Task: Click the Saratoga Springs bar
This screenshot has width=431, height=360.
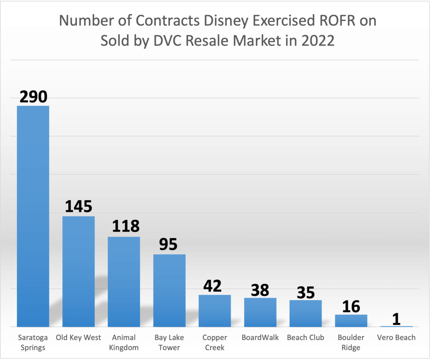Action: [33, 216]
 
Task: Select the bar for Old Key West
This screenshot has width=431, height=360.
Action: [78, 271]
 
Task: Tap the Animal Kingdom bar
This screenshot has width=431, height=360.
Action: [124, 281]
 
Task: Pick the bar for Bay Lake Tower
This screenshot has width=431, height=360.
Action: [169, 290]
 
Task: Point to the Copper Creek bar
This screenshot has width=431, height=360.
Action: [215, 310]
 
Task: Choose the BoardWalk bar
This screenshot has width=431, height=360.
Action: [260, 312]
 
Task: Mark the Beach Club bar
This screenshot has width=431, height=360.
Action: [306, 313]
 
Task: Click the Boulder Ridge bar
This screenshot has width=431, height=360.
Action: [351, 320]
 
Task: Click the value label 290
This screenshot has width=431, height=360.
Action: [33, 96]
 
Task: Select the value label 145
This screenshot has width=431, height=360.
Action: [78, 207]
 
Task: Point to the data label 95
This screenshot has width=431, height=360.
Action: [168, 244]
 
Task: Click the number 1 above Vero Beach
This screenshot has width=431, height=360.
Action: [396, 319]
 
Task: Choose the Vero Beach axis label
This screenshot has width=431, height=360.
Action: [396, 338]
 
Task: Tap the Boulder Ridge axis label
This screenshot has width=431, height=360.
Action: [351, 342]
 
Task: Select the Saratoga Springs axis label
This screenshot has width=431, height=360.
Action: [33, 342]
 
